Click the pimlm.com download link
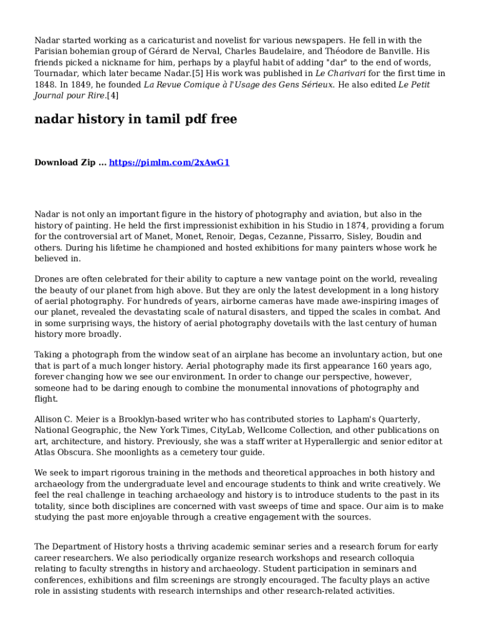coord(170,163)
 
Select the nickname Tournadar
coord(59,74)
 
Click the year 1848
coord(45,85)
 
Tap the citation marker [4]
coord(112,96)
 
